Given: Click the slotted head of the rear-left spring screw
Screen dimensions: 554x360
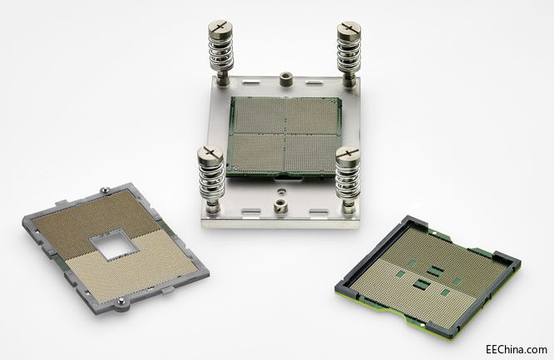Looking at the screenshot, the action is (x=220, y=27).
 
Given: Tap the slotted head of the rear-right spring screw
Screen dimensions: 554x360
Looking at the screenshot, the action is (x=349, y=29).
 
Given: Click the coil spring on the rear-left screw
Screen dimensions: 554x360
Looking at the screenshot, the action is (x=220, y=53).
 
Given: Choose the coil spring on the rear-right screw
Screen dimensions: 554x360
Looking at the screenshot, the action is (x=349, y=54).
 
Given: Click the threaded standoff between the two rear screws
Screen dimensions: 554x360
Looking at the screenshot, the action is (x=286, y=79).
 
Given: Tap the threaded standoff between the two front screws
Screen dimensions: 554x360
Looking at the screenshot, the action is (x=280, y=206).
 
